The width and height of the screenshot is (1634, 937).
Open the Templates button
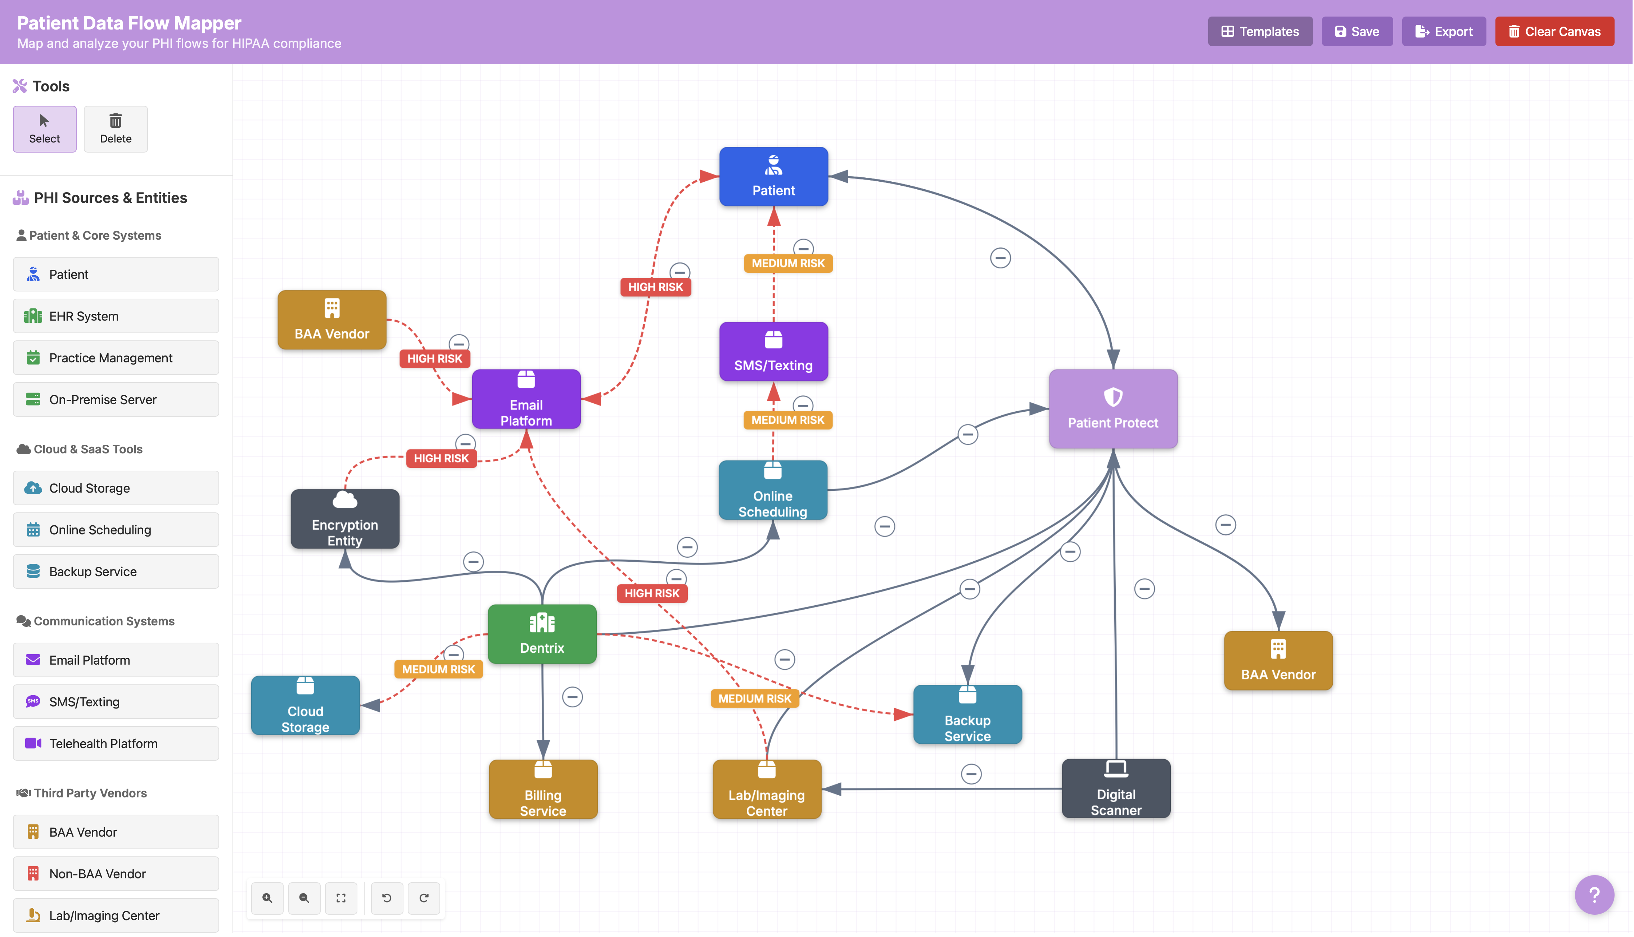click(x=1259, y=32)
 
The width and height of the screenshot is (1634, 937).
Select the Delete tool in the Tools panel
click(x=116, y=129)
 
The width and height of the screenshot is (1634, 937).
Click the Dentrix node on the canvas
click(x=542, y=634)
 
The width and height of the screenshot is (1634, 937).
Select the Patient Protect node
click(x=1113, y=409)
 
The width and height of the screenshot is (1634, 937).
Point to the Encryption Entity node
click(x=345, y=519)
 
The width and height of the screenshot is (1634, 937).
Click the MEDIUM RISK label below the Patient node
click(x=788, y=263)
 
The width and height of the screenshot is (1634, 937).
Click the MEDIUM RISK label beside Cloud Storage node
click(x=438, y=669)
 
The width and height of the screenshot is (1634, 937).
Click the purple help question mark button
click(x=1593, y=895)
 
